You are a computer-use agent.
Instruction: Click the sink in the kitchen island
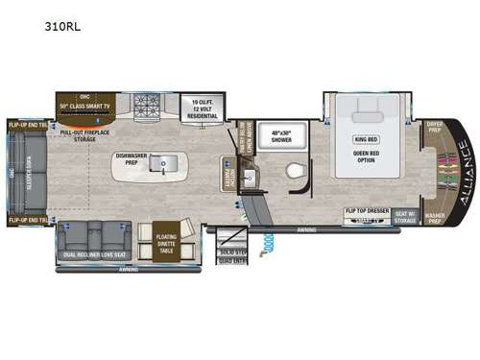coord(165,166)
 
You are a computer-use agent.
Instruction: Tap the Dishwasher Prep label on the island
coord(131,158)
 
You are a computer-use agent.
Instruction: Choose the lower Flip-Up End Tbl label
coord(29,221)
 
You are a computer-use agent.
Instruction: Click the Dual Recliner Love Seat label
coord(93,254)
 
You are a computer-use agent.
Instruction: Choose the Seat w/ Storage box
coord(405,214)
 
